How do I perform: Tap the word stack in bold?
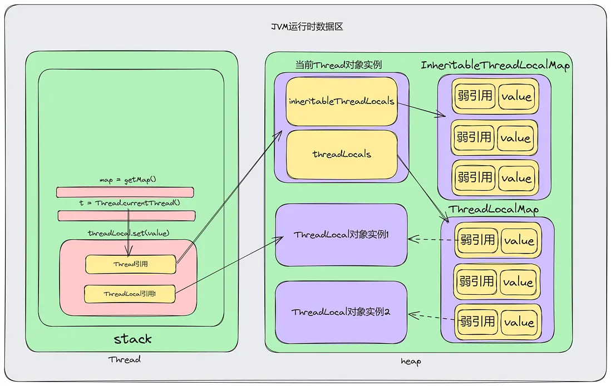(132, 339)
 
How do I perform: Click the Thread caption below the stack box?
(124, 359)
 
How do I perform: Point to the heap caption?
(411, 362)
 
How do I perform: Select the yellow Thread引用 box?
(131, 264)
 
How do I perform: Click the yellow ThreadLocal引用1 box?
(130, 293)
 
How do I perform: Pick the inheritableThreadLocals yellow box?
(341, 101)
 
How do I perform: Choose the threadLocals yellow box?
(341, 154)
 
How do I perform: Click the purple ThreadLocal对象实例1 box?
(341, 235)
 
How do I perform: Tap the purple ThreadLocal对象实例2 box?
(341, 312)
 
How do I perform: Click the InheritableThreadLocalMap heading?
(495, 66)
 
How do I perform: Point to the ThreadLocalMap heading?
(494, 209)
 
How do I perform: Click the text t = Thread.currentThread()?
(130, 203)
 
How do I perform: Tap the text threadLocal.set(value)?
(128, 232)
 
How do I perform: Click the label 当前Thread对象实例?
(338, 65)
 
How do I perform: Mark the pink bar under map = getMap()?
(125, 192)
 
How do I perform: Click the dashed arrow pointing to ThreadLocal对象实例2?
(431, 318)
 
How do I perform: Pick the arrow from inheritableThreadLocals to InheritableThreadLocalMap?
(421, 108)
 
